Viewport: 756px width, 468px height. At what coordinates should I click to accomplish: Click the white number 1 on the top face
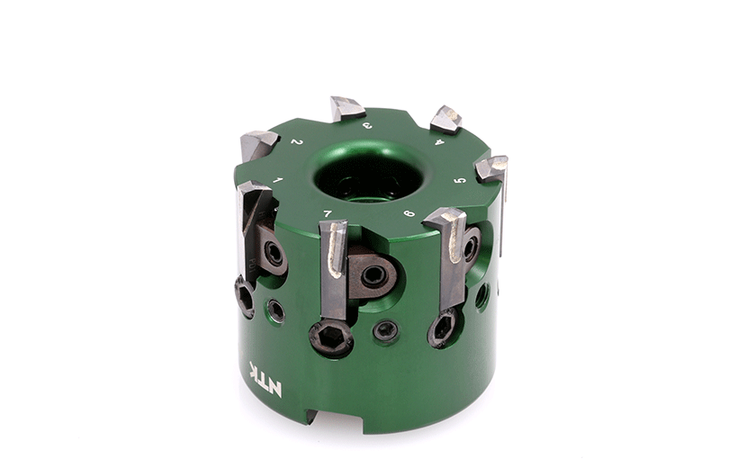277,180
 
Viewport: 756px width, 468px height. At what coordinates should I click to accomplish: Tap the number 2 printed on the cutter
297,142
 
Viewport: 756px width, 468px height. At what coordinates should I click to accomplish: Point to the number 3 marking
367,126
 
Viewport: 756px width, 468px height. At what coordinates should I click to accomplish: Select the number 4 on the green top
439,141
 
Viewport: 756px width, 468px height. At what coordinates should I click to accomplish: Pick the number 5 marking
461,180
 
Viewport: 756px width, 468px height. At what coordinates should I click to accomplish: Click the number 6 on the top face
409,212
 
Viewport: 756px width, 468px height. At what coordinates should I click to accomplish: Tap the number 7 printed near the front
328,213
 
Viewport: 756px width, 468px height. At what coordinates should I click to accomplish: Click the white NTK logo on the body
265,379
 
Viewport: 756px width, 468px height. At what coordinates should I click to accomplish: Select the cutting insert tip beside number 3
346,107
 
